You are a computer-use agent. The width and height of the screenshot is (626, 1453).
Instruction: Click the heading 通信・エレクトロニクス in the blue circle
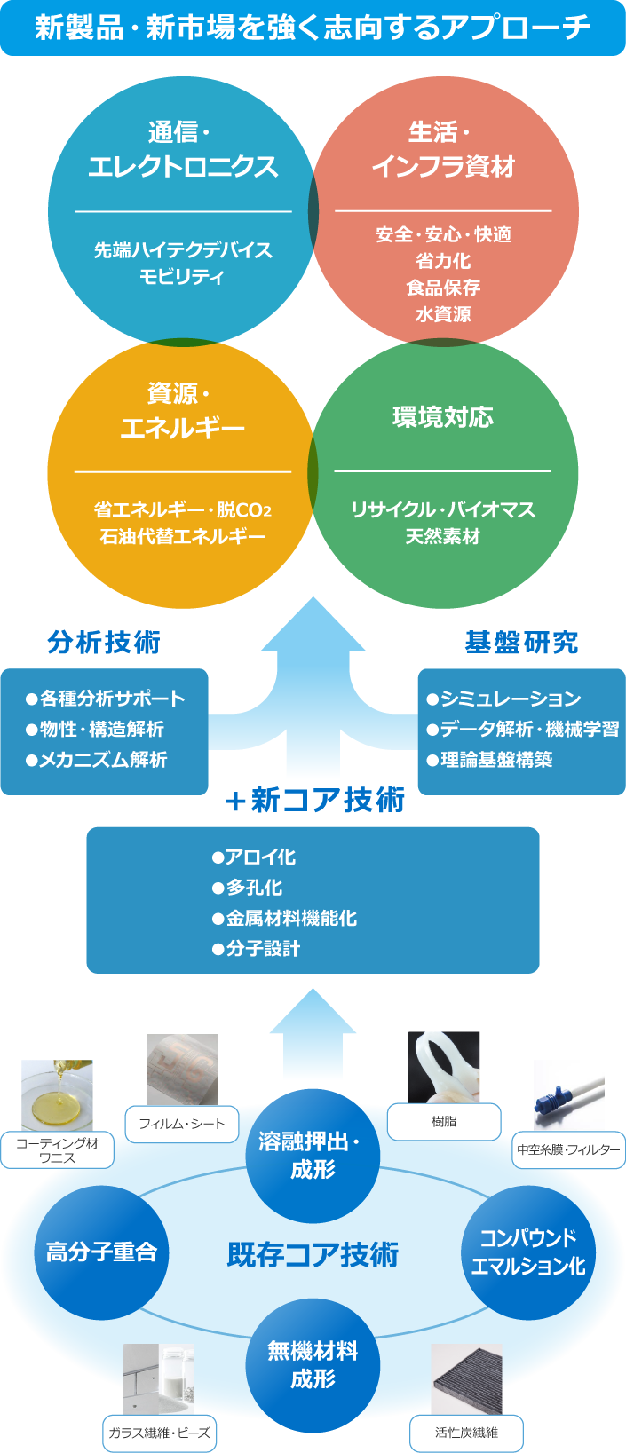[x=183, y=150]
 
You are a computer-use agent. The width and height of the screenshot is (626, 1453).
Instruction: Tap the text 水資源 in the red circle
[x=443, y=314]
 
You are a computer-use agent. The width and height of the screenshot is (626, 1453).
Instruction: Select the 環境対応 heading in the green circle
[x=443, y=417]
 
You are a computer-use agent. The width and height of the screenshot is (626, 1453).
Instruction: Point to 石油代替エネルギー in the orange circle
[x=183, y=536]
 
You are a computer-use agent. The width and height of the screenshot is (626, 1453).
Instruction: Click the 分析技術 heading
[x=104, y=642]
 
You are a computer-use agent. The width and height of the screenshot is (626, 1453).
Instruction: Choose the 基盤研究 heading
[x=521, y=642]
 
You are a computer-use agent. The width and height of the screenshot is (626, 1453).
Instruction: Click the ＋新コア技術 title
[x=315, y=801]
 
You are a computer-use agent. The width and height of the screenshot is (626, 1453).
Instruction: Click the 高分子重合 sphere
[x=101, y=1252]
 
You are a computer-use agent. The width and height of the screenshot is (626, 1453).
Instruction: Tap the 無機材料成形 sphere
[x=313, y=1364]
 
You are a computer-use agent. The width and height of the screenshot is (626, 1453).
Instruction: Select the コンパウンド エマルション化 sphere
[x=528, y=1252]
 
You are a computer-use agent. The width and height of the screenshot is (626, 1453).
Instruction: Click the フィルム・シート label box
[x=182, y=1124]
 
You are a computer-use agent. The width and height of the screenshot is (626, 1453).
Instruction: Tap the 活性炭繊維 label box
[x=466, y=1433]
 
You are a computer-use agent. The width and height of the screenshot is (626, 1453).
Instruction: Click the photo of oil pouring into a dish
[x=57, y=1095]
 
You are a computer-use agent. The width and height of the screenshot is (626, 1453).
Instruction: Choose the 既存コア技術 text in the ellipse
[x=313, y=1254]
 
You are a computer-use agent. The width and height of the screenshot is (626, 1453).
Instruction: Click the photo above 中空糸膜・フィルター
[x=569, y=1095]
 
